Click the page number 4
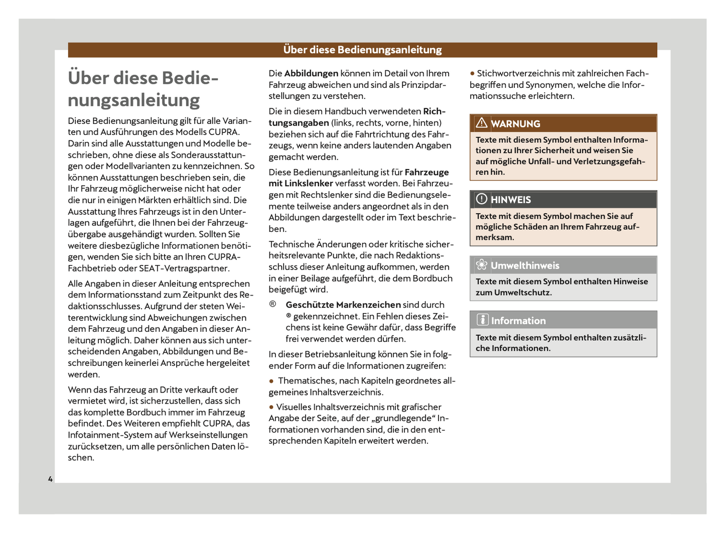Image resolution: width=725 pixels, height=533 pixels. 50,479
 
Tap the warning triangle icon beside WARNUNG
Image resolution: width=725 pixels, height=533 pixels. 482,123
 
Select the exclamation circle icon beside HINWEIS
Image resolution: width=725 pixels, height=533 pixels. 482,199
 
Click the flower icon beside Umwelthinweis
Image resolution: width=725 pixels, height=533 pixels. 482,265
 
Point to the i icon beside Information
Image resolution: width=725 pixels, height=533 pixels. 482,320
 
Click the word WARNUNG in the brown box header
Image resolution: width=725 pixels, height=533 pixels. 515,124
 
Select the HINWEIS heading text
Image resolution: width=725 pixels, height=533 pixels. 511,200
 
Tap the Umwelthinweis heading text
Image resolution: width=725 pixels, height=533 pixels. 525,265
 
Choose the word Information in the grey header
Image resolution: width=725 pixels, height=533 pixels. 518,321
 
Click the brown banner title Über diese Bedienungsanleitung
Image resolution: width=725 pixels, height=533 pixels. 362,50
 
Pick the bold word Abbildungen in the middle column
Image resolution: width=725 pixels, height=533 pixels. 311,73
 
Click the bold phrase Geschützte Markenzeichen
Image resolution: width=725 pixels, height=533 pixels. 343,305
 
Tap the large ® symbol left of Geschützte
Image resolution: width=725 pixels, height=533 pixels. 272,304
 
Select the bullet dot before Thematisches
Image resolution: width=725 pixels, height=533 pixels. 271,381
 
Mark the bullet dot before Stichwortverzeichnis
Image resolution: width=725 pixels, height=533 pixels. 472,74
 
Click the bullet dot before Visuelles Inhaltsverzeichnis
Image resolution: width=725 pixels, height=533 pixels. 271,407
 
